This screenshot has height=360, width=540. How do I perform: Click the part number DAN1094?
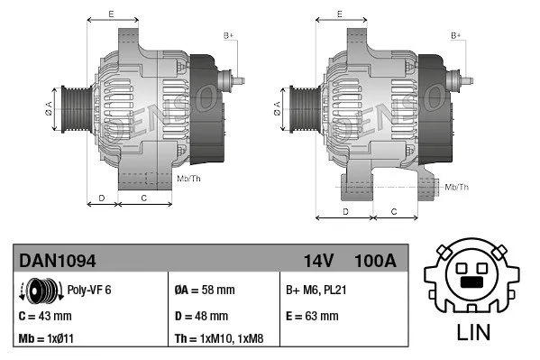pyautogui.click(x=58, y=261)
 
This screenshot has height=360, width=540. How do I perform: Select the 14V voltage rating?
pyautogui.click(x=319, y=261)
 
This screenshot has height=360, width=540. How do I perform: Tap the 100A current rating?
pyautogui.click(x=376, y=261)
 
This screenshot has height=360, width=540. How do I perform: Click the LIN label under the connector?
pyautogui.click(x=473, y=332)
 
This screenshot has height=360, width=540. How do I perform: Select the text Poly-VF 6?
pyautogui.click(x=88, y=291)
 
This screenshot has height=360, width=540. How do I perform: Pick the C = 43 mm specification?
pyautogui.click(x=45, y=316)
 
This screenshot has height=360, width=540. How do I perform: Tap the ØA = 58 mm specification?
pyautogui.click(x=206, y=291)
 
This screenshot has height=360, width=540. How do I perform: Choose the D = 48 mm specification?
pyautogui.click(x=202, y=316)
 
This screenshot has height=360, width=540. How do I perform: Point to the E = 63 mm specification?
pyautogui.click(x=312, y=316)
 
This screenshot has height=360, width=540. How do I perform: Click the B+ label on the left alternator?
pyautogui.click(x=228, y=35)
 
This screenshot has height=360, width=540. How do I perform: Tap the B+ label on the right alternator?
pyautogui.click(x=455, y=35)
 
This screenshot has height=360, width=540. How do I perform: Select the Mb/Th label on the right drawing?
pyautogui.click(x=457, y=187)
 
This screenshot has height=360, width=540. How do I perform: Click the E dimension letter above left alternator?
pyautogui.click(x=110, y=14)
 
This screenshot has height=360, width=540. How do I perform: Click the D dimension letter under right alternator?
pyautogui.click(x=345, y=211)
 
